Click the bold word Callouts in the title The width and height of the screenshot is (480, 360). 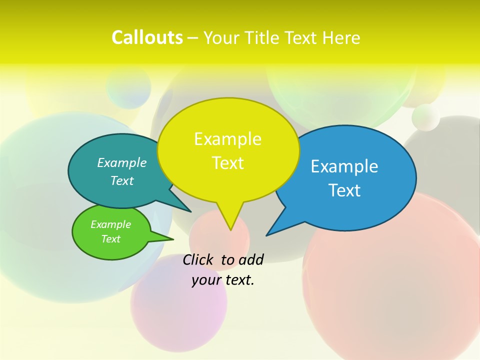147,37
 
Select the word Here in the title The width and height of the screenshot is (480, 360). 342,38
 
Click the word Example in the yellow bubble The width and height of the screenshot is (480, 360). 227,139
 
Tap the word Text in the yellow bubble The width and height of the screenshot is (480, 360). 227,163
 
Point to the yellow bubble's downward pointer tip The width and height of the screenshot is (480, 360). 230,230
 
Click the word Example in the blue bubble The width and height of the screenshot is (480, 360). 344,166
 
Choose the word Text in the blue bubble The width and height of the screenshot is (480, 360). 344,190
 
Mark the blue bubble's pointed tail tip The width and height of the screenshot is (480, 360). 266,235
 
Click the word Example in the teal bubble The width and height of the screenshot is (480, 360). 122,163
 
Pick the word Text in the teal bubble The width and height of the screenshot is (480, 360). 122,181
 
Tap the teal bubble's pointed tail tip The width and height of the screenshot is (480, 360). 191,211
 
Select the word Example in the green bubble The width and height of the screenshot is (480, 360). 110,224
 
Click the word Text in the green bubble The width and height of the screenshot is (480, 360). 110,239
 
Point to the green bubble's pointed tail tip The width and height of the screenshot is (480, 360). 173,239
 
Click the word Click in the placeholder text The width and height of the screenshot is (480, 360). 199,259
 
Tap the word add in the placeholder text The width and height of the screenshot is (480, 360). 251,259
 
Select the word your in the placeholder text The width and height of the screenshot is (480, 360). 206,280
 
